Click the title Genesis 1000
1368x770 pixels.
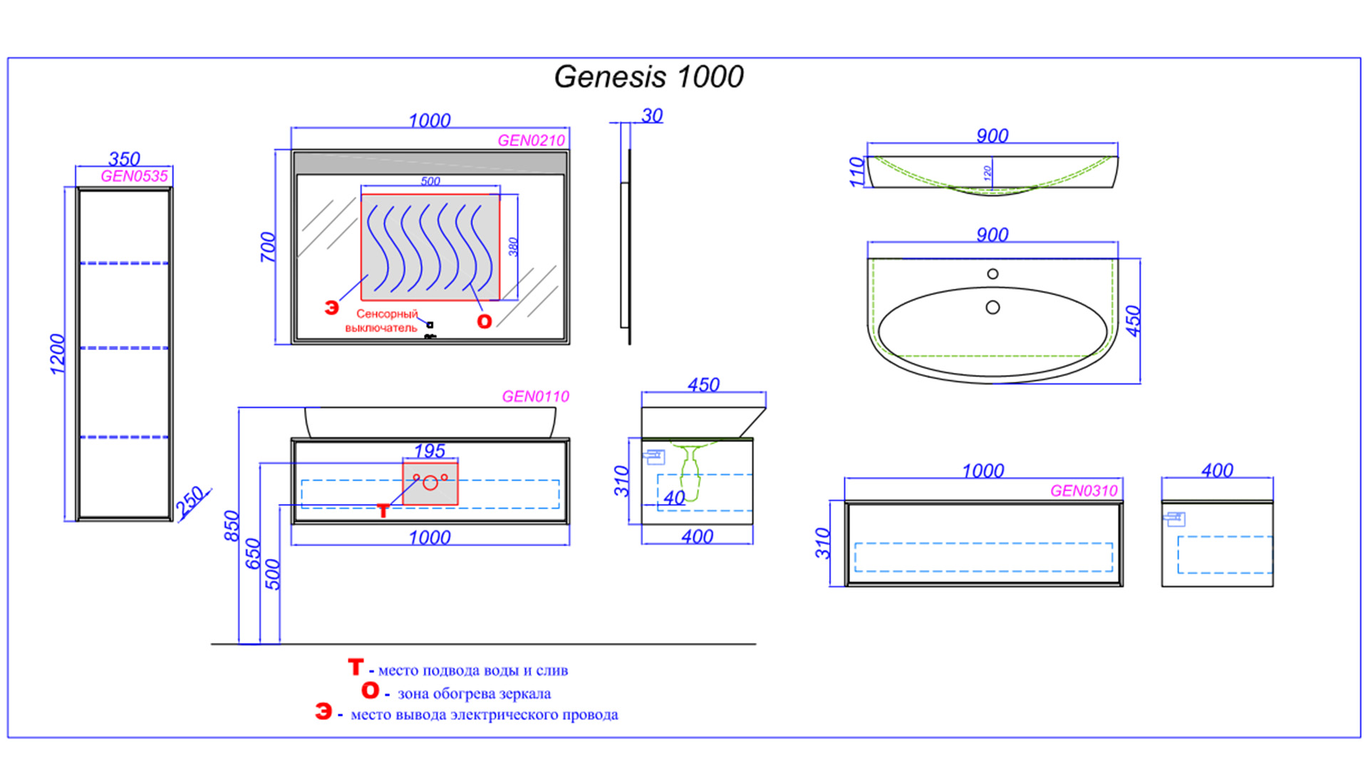click(648, 77)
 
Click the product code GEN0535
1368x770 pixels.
click(134, 176)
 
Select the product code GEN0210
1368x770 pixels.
click(531, 140)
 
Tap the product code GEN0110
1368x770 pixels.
click(535, 396)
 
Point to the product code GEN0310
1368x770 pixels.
click(1084, 491)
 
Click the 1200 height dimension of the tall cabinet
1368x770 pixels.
click(57, 354)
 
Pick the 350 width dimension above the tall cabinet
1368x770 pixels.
click(124, 158)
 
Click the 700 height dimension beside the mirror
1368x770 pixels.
click(267, 247)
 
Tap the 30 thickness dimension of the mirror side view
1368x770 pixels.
click(652, 115)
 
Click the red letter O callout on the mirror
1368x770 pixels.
click(484, 322)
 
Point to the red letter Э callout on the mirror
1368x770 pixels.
click(331, 308)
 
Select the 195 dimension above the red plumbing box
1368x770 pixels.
click(430, 451)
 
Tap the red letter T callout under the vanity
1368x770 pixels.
click(383, 510)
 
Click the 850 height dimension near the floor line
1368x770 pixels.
click(232, 525)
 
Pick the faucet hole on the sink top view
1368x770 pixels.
click(993, 274)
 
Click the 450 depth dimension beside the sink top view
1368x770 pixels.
click(1133, 321)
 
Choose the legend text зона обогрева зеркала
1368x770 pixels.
click(474, 694)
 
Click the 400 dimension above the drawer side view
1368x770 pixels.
click(1217, 471)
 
